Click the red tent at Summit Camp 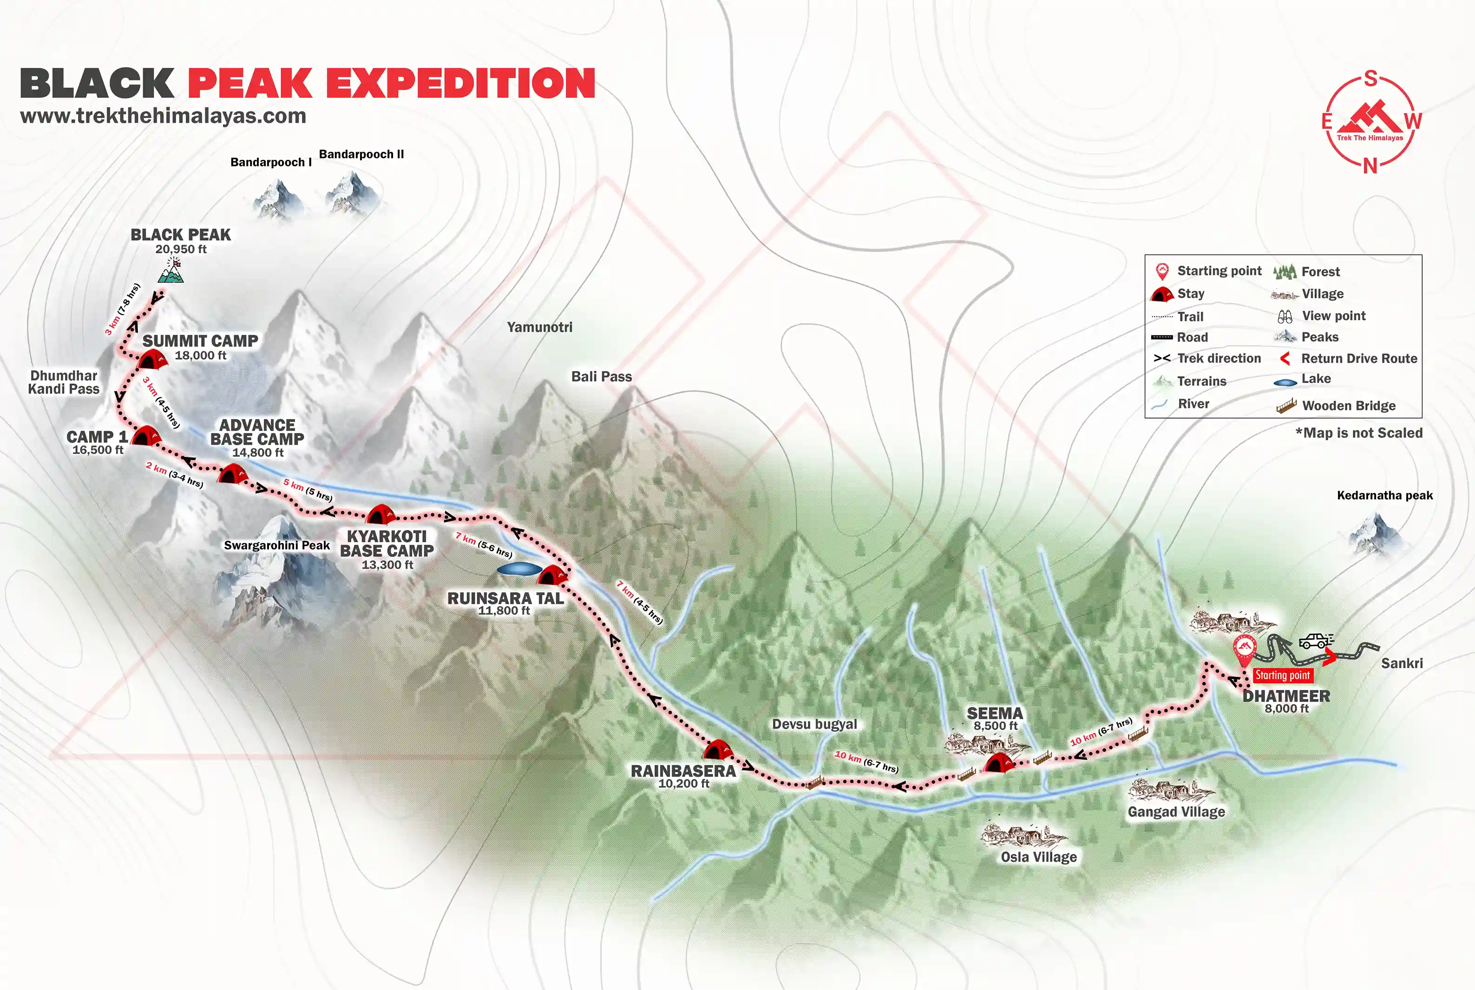click(152, 360)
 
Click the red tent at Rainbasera click(717, 750)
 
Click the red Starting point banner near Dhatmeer click(1282, 675)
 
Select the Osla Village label click(1039, 857)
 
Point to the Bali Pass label click(601, 376)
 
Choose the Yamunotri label click(540, 327)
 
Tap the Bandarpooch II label click(361, 154)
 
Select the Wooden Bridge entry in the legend click(1349, 406)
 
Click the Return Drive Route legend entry click(1359, 359)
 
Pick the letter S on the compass click(1370, 79)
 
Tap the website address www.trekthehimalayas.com click(163, 116)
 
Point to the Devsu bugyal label click(814, 724)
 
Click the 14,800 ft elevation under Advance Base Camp click(258, 452)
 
